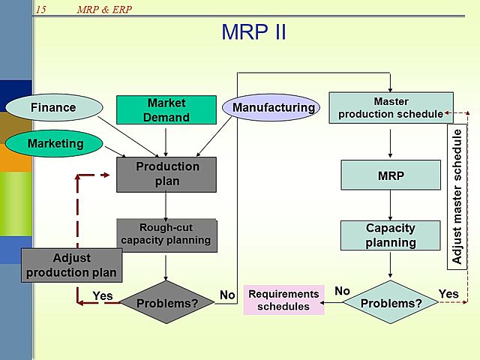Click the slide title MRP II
pos(253,33)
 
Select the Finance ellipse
pos(53,107)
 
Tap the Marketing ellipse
pos(55,143)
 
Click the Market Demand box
pos(166,109)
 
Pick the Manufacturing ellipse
pos(273,107)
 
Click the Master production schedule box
pos(391,107)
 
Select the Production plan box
pos(166,174)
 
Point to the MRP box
pos(391,175)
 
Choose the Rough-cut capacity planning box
pos(166,234)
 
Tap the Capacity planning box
pos(391,235)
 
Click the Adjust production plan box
pos(71,265)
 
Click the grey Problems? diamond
pos(166,303)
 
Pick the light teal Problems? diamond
pos(391,303)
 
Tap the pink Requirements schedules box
pos(283,299)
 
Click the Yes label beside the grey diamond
pos(102,295)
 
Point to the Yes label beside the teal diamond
pos(448,293)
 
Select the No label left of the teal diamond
pos(342,291)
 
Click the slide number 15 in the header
pos(40,9)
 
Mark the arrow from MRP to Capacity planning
pos(391,205)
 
